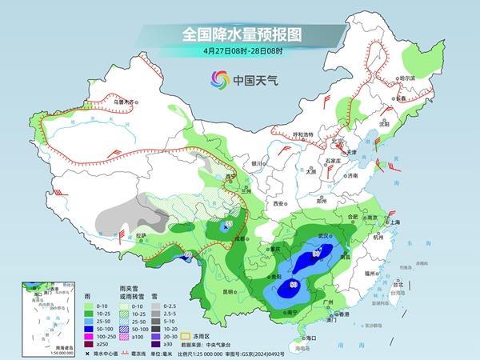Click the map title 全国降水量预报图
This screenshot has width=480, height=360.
(239, 35)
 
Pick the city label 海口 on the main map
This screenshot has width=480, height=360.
(308, 338)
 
